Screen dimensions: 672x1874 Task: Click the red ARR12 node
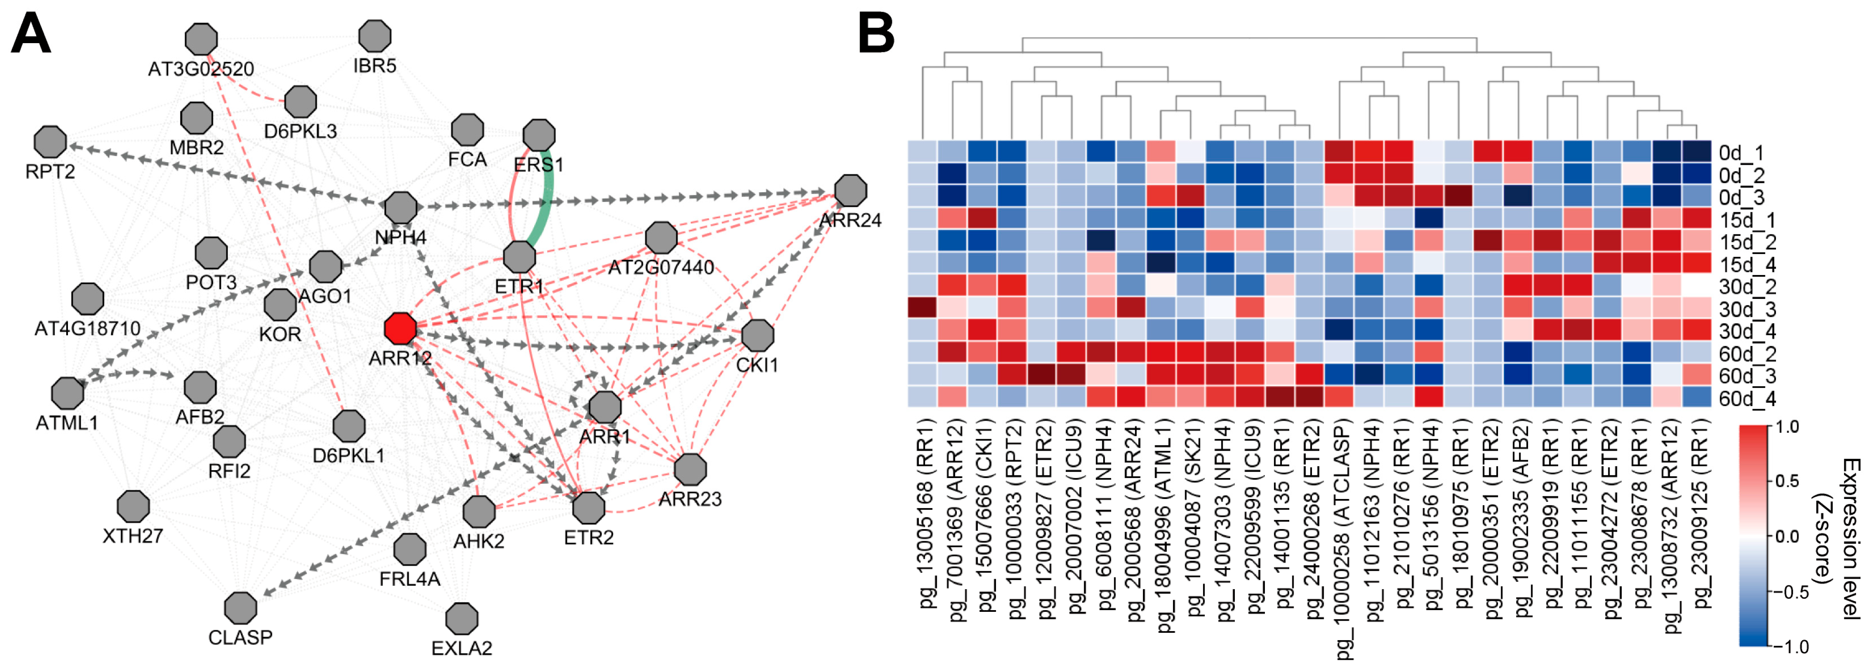point(400,329)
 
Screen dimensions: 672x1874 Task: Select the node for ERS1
point(539,135)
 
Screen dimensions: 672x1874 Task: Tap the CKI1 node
point(757,335)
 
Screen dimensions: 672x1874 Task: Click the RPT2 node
point(50,142)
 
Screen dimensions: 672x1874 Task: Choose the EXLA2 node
point(462,619)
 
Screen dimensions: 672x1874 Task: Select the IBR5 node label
point(375,66)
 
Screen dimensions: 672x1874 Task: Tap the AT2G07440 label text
point(661,268)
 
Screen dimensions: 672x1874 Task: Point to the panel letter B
point(876,34)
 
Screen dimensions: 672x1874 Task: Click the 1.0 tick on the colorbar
point(1787,427)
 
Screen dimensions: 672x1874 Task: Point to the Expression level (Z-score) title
point(1842,538)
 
